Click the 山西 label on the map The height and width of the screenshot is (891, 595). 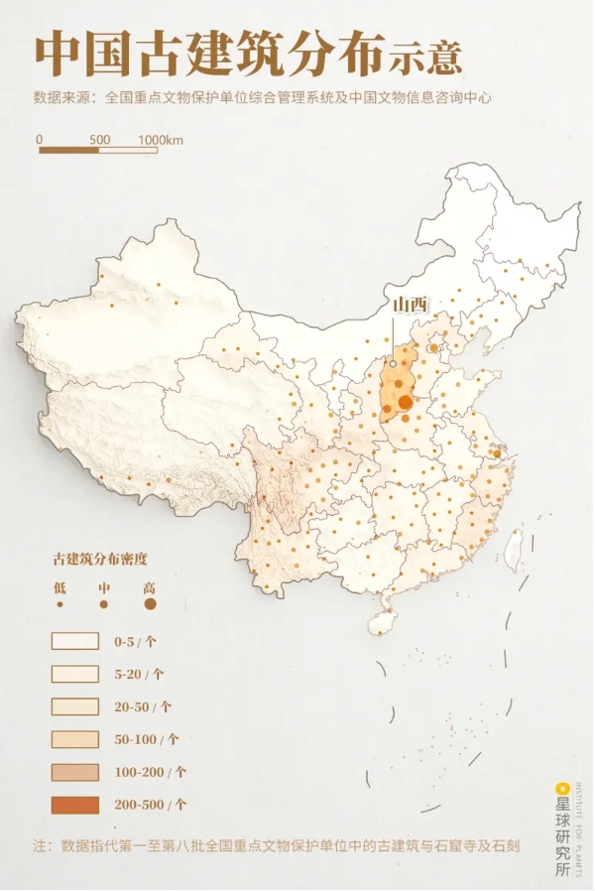(409, 305)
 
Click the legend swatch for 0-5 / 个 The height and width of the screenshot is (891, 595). (75, 641)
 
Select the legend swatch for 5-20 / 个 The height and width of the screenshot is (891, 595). (75, 674)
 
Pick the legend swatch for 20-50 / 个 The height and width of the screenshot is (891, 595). (75, 706)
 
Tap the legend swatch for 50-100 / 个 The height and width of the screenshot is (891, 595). (75, 739)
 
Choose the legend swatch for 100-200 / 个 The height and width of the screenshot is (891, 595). (75, 772)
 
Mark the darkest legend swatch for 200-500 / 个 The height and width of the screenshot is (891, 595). (75, 805)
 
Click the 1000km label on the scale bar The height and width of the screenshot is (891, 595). (161, 140)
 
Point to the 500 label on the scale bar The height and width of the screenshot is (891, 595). (99, 140)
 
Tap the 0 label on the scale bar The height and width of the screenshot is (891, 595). (41, 140)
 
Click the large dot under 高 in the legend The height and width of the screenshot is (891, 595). (150, 602)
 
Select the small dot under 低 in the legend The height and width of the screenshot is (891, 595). (59, 603)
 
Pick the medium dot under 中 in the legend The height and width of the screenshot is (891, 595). (103, 603)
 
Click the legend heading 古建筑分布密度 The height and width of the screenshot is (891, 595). (104, 560)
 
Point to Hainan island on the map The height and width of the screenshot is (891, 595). (382, 622)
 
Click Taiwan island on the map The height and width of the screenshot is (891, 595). (514, 546)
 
